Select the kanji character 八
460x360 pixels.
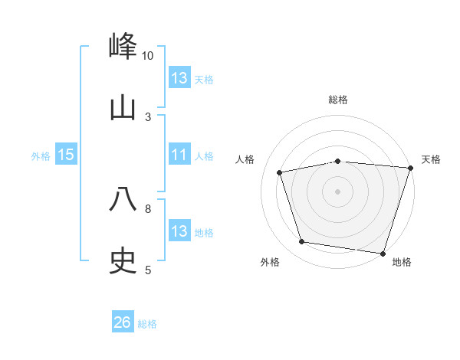click(x=123, y=199)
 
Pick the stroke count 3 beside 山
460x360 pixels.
click(x=148, y=116)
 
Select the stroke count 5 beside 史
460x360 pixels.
click(x=148, y=270)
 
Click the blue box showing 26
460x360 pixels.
click(x=123, y=323)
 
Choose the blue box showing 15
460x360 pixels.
click(x=66, y=155)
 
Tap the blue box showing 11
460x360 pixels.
click(x=179, y=155)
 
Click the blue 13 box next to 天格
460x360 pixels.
click(x=179, y=78)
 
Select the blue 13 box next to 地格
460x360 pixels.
click(x=179, y=231)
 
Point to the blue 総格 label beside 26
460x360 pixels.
click(x=147, y=324)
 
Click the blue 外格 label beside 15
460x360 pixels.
click(x=41, y=155)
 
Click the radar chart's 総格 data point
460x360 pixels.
click(x=337, y=161)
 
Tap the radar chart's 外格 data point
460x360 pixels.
click(x=302, y=242)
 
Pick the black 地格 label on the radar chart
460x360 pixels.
click(x=402, y=263)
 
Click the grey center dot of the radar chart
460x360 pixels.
click(x=337, y=191)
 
